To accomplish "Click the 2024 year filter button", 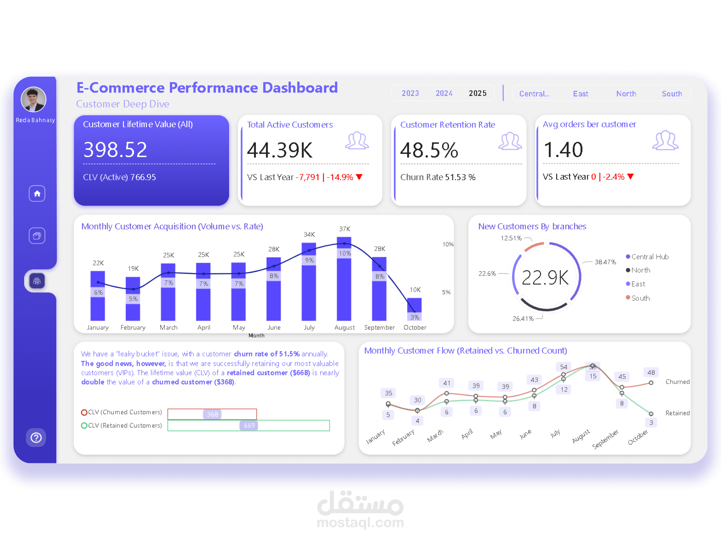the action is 444,93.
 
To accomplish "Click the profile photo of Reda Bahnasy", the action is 34,99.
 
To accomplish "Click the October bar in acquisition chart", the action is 414,309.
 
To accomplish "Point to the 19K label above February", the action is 133,268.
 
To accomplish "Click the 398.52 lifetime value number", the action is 115,150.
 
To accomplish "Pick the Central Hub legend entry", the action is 647,257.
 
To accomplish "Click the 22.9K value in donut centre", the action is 545,277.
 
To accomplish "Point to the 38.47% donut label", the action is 605,262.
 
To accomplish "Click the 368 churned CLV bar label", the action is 212,414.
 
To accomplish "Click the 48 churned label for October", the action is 651,372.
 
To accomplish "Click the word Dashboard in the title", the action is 300,87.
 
